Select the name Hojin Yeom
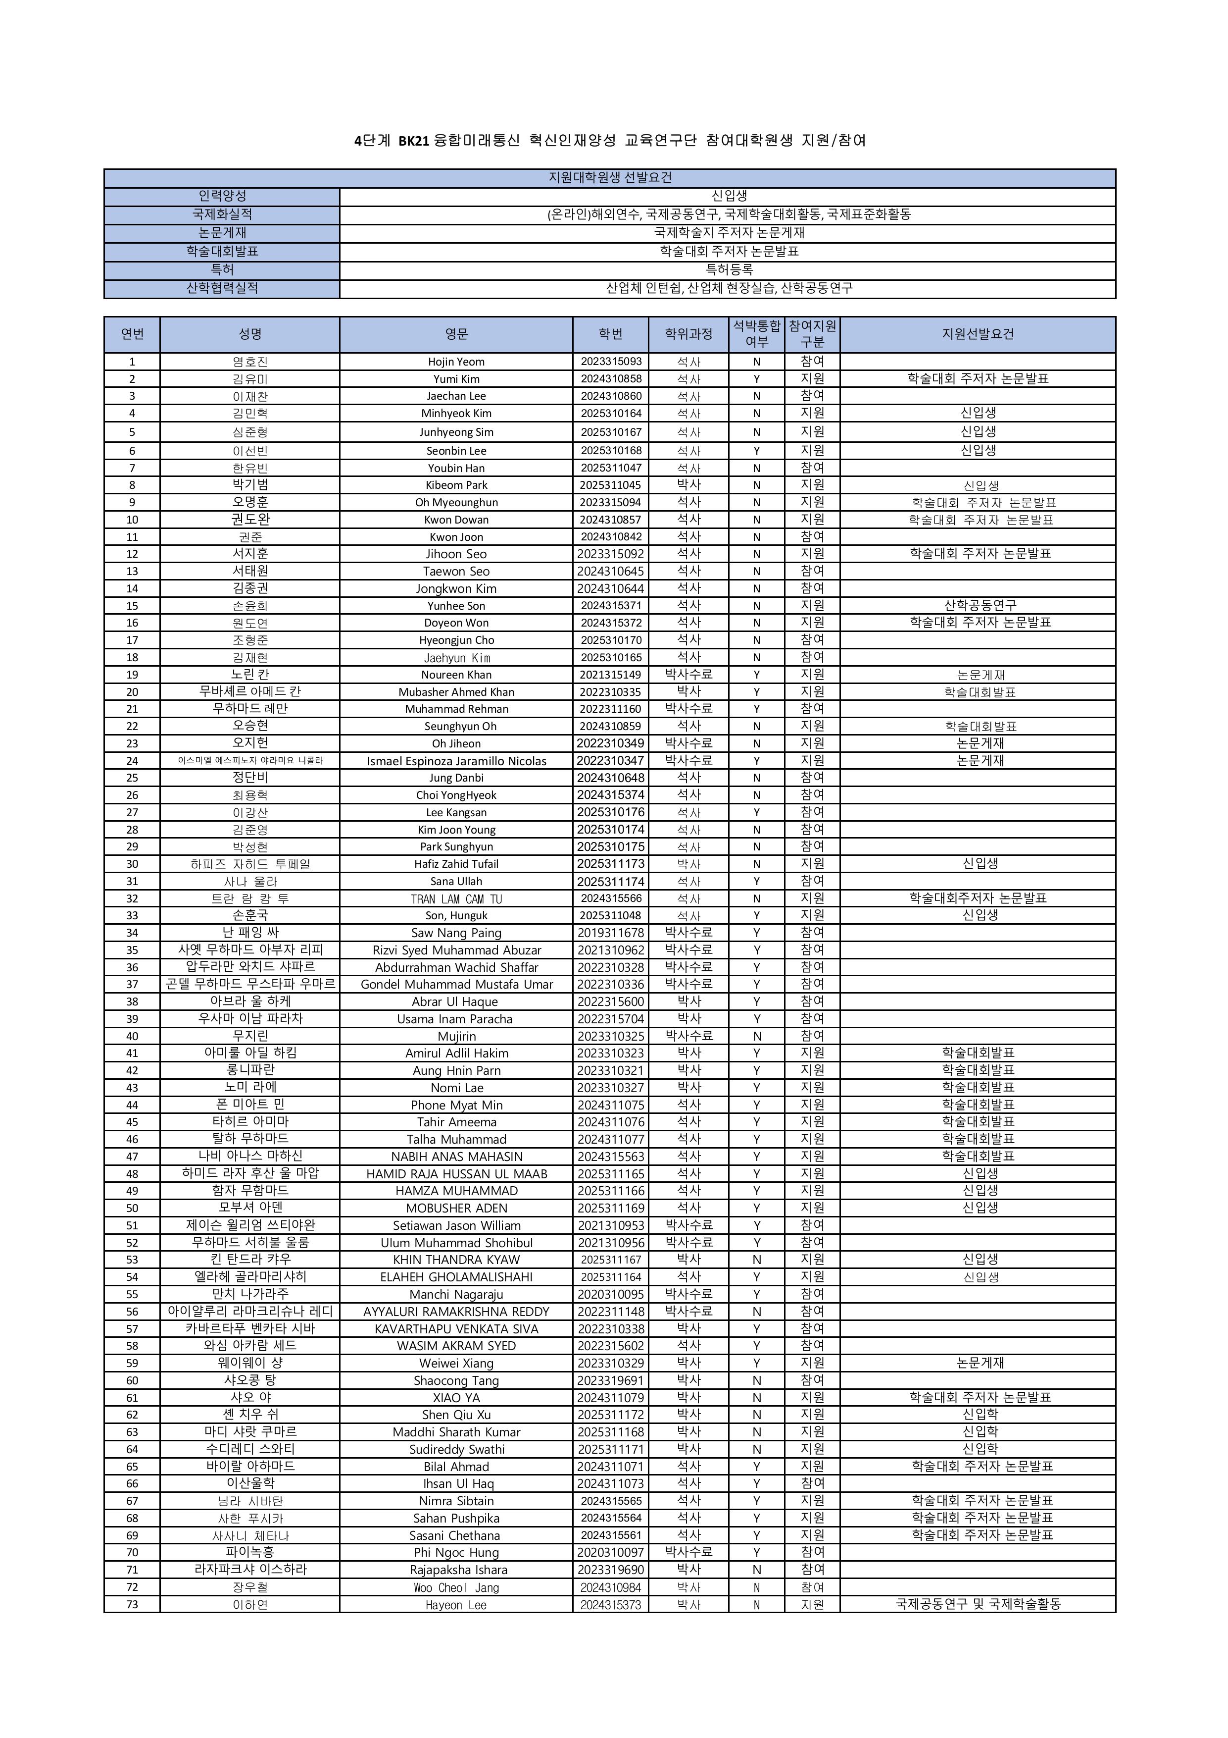click(456, 362)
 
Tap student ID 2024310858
click(611, 378)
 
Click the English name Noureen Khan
click(456, 675)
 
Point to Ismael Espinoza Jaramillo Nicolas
click(456, 761)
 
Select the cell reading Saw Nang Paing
click(456, 933)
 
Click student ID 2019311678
click(611, 933)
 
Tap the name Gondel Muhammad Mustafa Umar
click(456, 984)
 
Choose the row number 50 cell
click(133, 1208)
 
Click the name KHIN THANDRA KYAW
click(456, 1260)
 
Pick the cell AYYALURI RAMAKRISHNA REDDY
click(456, 1311)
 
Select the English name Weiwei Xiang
click(456, 1363)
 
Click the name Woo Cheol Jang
click(456, 1587)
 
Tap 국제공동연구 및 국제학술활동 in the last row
click(978, 1604)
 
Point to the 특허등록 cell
click(729, 269)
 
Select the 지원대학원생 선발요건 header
click(610, 178)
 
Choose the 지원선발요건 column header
click(978, 334)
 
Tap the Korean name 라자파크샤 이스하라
click(250, 1569)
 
